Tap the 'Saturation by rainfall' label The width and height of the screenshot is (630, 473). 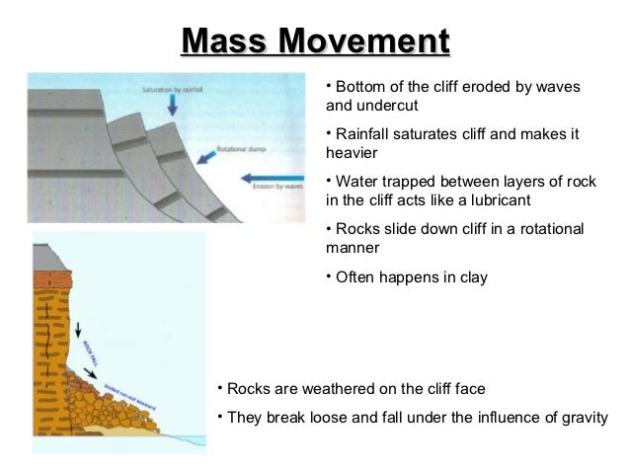172,89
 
